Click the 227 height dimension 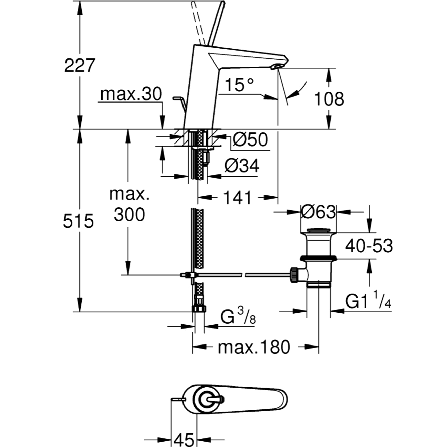click(80, 65)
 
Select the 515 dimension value click(78, 221)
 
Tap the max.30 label click(131, 94)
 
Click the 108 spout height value click(329, 99)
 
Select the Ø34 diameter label click(242, 166)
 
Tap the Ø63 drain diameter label click(318, 212)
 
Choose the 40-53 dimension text click(369, 246)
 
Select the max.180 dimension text click(254, 347)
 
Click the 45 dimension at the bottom click(185, 439)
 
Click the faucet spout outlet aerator click(275, 66)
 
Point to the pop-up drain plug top click(319, 231)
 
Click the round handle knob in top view click(205, 400)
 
